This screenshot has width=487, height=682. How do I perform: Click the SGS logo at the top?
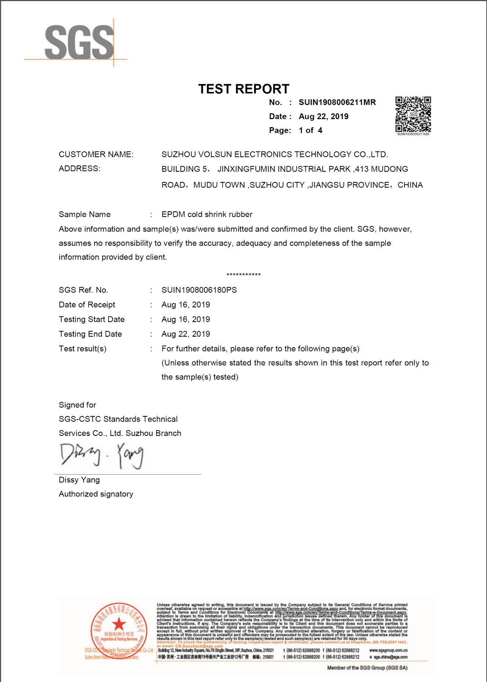[x=79, y=42]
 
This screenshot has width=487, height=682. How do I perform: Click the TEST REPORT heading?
[x=243, y=89]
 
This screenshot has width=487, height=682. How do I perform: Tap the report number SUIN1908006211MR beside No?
[x=337, y=102]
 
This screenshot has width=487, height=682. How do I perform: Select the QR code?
[x=413, y=114]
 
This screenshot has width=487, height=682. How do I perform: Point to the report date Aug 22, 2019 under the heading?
[x=323, y=117]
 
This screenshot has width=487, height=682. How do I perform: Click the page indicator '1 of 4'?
[x=310, y=130]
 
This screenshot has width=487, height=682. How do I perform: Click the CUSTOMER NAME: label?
[x=96, y=155]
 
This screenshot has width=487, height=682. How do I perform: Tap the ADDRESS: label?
[x=80, y=169]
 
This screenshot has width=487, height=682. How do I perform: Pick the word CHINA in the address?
[x=410, y=185]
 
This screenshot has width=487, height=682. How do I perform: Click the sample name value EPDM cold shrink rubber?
[x=207, y=214]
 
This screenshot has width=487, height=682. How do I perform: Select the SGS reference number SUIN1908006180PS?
[x=199, y=290]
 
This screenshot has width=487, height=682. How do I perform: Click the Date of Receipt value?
[x=186, y=305]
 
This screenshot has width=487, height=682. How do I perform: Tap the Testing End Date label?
[x=90, y=334]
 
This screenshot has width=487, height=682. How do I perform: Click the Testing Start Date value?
[x=186, y=320]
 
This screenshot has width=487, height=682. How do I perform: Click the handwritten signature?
[x=102, y=456]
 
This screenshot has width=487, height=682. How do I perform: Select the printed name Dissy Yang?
[x=79, y=480]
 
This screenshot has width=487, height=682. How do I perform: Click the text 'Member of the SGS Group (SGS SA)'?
[x=367, y=668]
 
